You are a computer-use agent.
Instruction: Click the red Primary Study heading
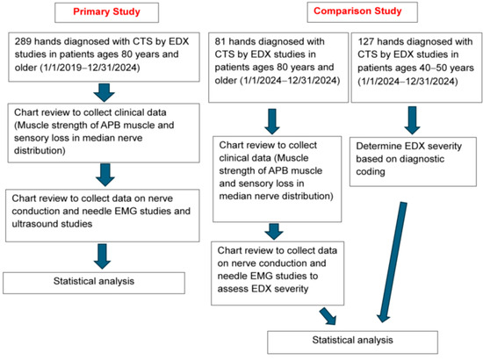(106, 11)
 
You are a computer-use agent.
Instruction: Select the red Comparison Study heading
(357, 11)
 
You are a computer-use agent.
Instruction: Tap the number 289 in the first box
(23, 41)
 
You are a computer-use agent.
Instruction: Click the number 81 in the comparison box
(220, 41)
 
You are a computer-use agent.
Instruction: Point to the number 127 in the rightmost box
(365, 41)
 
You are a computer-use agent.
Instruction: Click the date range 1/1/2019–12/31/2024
(90, 67)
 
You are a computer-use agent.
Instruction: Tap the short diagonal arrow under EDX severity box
(328, 316)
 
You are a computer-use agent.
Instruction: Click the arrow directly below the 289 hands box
(105, 92)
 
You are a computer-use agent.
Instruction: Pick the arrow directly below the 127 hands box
(412, 120)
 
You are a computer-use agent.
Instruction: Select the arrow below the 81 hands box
(272, 121)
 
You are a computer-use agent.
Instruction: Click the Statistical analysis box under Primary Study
(94, 283)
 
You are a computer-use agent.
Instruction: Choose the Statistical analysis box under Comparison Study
(353, 342)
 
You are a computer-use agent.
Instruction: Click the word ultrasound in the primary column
(33, 224)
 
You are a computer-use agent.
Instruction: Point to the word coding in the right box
(371, 172)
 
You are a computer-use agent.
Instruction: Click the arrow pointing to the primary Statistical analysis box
(102, 256)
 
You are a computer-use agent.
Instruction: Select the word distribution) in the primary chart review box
(40, 151)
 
